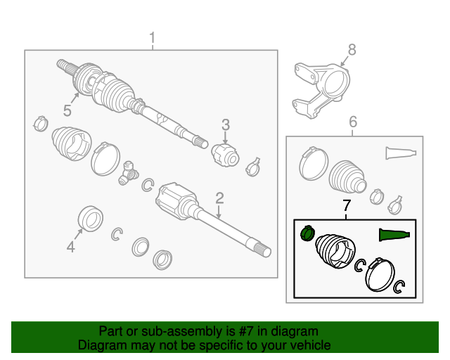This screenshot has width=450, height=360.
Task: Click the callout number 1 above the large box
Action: [x=153, y=38]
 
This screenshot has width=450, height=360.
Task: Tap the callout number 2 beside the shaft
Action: [x=219, y=198]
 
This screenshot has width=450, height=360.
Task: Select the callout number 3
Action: [x=226, y=125]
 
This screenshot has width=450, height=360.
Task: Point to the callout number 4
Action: [x=71, y=247]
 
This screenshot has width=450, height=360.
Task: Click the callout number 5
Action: [x=67, y=111]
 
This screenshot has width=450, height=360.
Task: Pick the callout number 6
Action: [x=353, y=122]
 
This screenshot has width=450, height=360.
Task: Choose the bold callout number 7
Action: [x=347, y=205]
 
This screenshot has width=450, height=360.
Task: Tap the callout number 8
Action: [x=352, y=50]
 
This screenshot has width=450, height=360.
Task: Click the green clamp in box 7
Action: [x=307, y=233]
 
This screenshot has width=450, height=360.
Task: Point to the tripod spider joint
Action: [x=128, y=173]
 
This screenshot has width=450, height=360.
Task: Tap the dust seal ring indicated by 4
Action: [x=91, y=218]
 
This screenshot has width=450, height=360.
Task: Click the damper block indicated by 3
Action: [x=226, y=155]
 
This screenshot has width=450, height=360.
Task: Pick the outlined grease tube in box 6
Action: [x=401, y=153]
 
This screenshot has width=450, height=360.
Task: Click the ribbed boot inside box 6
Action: [x=347, y=176]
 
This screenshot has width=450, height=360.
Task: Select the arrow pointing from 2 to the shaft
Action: [x=219, y=212]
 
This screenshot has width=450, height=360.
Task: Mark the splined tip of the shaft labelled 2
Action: [x=263, y=249]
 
